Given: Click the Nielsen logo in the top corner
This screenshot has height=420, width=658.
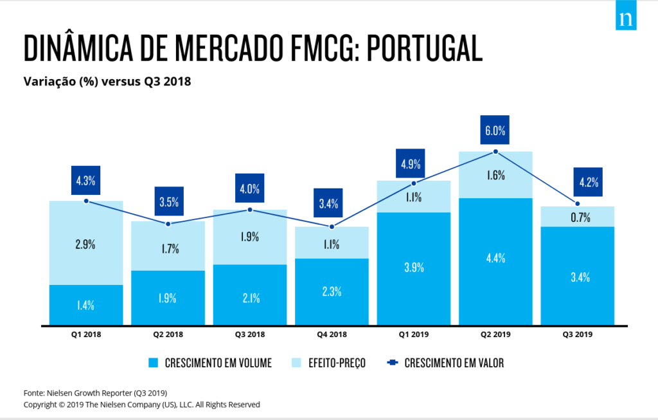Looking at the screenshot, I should click(x=625, y=19).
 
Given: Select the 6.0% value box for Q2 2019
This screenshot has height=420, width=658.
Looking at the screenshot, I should click(x=495, y=131).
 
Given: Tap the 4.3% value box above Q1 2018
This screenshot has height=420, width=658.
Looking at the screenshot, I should click(x=86, y=181).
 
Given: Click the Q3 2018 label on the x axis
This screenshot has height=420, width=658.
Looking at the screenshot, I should click(x=250, y=334).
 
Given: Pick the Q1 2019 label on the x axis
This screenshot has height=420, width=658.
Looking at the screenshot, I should click(x=413, y=334).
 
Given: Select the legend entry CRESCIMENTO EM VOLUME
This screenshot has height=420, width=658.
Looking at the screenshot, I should click(x=209, y=363).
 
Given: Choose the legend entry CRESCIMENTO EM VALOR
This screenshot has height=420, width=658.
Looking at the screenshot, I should click(x=446, y=363).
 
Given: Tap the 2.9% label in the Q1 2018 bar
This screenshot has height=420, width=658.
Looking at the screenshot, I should click(x=86, y=244).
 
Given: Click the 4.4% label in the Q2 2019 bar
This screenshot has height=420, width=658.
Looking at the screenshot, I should click(x=495, y=258).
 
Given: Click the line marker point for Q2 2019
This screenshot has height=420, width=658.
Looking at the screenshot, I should click(x=495, y=152).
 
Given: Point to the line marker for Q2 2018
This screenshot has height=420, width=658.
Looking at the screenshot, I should click(x=168, y=224).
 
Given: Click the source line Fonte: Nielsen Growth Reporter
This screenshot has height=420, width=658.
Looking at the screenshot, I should click(x=95, y=392).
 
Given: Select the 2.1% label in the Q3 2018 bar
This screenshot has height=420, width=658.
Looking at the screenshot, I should click(x=250, y=298).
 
